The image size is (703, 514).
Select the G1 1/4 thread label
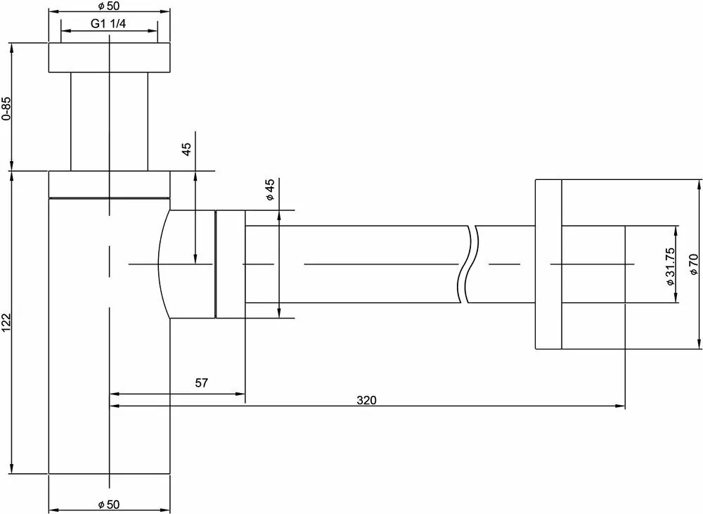(x=108, y=23)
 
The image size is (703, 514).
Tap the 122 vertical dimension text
(x=6, y=321)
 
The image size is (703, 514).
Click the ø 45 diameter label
(x=269, y=190)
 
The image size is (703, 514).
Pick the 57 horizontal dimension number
(x=201, y=383)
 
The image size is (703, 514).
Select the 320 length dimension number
(x=366, y=400)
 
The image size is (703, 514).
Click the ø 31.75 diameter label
(x=670, y=265)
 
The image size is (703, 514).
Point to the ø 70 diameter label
(x=692, y=263)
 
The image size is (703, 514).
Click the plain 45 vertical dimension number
(x=186, y=149)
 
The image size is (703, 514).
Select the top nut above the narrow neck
(x=110, y=57)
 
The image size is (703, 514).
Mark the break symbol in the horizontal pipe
(x=469, y=264)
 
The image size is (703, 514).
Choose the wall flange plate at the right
(x=548, y=264)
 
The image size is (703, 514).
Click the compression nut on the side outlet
(x=230, y=264)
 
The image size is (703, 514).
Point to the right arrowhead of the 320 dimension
(x=621, y=406)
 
